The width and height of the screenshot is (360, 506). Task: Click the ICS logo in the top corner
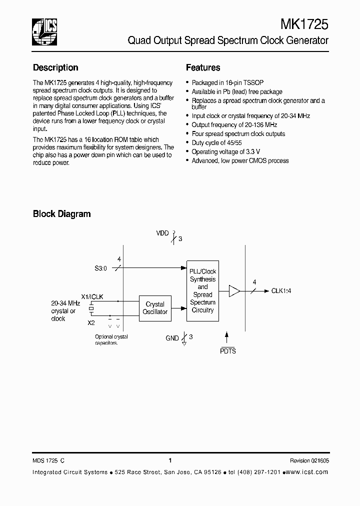[x=44, y=29]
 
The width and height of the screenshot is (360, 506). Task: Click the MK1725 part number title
[x=304, y=24]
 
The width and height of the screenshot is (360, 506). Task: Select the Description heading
[x=55, y=67]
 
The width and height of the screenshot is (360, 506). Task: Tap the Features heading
[x=203, y=67]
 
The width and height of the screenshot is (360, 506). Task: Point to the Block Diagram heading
[x=61, y=214]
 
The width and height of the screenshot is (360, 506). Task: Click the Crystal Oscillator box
[x=155, y=308]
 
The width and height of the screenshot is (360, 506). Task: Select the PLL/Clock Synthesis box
[x=202, y=290]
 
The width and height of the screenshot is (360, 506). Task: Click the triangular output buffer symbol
[x=234, y=290]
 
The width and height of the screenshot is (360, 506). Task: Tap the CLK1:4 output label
[x=281, y=290]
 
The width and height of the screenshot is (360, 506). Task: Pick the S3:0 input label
[x=102, y=268]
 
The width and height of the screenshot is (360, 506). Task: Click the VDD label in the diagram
[x=162, y=233]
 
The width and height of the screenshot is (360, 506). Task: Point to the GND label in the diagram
[x=172, y=338]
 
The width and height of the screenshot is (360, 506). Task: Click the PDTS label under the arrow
[x=227, y=351]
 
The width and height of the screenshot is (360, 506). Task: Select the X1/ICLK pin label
[x=92, y=296]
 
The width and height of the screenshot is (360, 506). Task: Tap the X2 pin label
[x=91, y=322]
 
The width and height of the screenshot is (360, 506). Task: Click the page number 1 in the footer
[x=170, y=461]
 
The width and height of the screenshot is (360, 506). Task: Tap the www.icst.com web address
[x=309, y=472]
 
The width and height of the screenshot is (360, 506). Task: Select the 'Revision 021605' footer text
[x=309, y=461]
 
